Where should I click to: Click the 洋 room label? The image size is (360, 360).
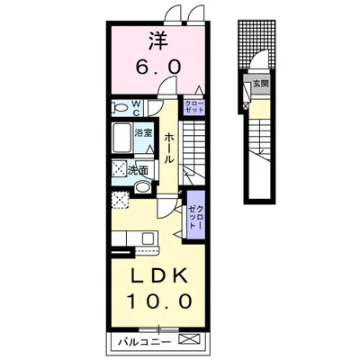click(x=158, y=41)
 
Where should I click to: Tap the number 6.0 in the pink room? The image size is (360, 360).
click(x=158, y=67)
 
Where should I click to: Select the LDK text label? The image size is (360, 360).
click(x=158, y=275)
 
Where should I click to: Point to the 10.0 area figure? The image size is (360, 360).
click(x=159, y=301)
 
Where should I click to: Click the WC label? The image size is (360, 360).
click(x=136, y=108)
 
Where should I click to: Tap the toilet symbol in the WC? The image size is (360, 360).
click(x=121, y=107)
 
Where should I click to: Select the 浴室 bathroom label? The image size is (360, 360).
click(x=143, y=133)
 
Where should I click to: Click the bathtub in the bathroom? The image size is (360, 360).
click(x=122, y=138)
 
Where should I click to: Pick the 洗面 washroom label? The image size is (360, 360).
click(x=138, y=171)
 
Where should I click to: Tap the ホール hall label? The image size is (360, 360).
click(x=169, y=148)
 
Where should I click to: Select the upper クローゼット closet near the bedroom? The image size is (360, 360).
click(x=193, y=107)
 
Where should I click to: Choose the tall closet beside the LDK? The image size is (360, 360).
click(x=196, y=215)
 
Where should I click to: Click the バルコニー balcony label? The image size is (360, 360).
click(x=144, y=342)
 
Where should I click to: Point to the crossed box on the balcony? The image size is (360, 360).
click(x=189, y=339)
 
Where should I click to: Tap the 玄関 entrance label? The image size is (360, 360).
click(x=260, y=84)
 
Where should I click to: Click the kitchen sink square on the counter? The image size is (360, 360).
click(x=148, y=238)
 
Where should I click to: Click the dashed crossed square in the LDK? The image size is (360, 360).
click(x=120, y=200)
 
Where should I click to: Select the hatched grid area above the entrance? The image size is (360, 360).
click(x=256, y=44)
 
